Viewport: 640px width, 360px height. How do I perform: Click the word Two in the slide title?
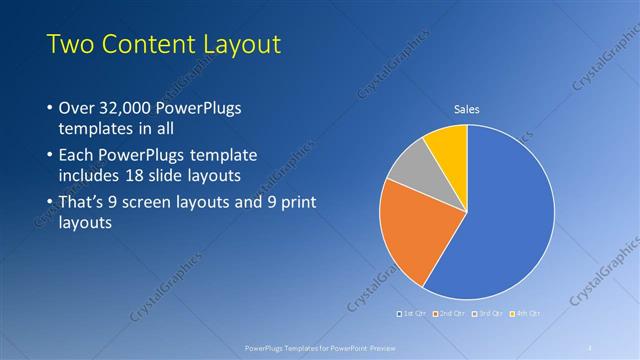(72, 44)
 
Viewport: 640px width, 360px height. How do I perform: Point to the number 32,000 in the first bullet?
(130, 108)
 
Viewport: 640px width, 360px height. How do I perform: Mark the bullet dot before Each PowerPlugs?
(50, 157)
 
